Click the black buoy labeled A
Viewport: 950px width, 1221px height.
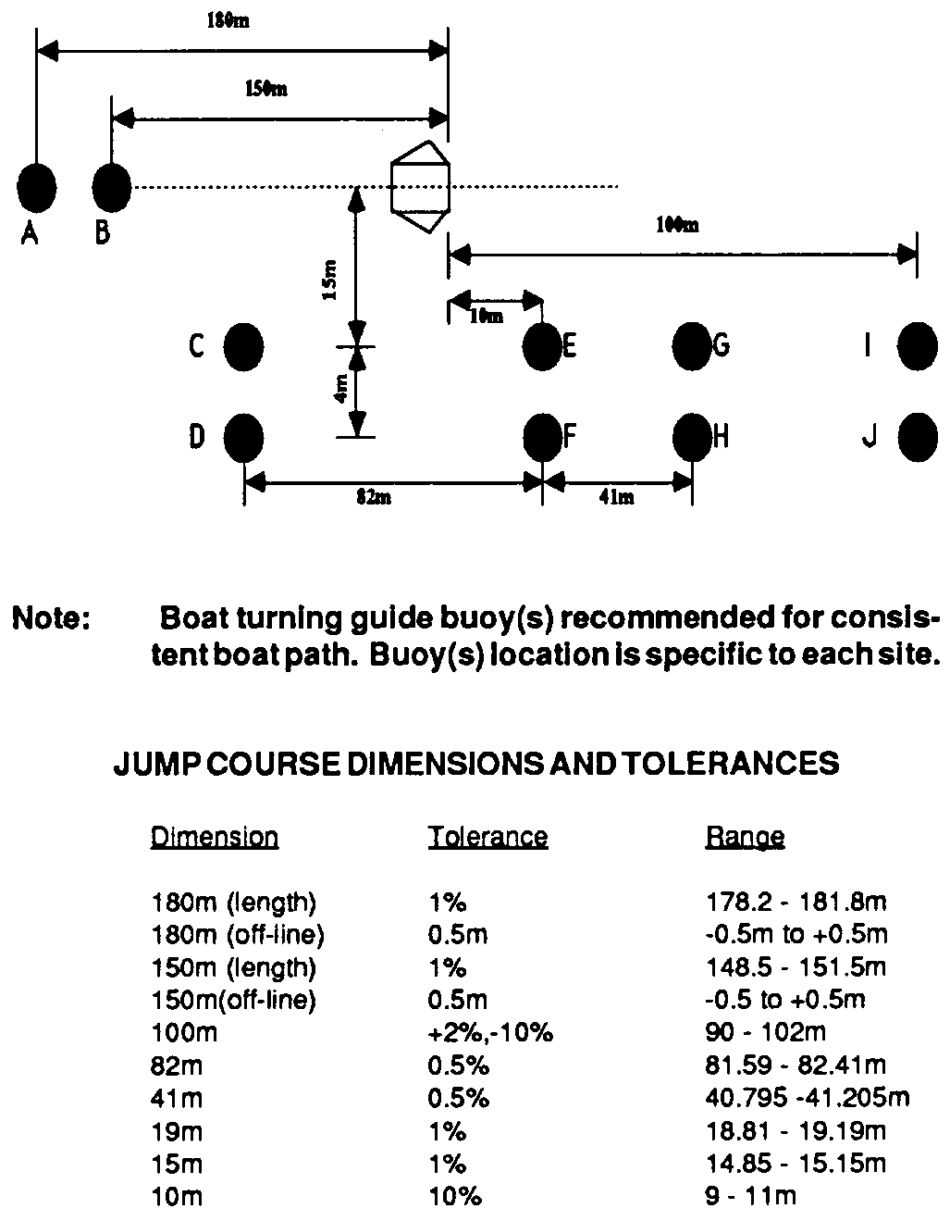pyautogui.click(x=36, y=188)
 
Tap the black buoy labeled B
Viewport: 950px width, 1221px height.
pyautogui.click(x=112, y=188)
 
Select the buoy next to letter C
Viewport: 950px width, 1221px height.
pyautogui.click(x=243, y=347)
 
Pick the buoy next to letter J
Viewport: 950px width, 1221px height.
pyautogui.click(x=918, y=437)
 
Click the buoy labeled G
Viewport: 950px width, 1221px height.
pyautogui.click(x=692, y=346)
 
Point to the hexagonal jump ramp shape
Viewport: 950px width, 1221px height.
pyautogui.click(x=421, y=187)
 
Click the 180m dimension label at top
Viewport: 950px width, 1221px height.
pyautogui.click(x=228, y=21)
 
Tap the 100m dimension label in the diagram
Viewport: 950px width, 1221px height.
pyautogui.click(x=677, y=225)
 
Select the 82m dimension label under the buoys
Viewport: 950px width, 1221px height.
pyautogui.click(x=374, y=497)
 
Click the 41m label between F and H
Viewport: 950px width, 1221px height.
pyautogui.click(x=617, y=497)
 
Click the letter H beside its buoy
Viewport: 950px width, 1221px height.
pyautogui.click(x=721, y=437)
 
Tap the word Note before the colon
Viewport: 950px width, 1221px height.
pyautogui.click(x=45, y=618)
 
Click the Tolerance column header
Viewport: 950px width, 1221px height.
pyautogui.click(x=487, y=837)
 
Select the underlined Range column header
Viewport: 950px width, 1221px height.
pyautogui.click(x=745, y=838)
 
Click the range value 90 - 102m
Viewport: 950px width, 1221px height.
pyautogui.click(x=766, y=1032)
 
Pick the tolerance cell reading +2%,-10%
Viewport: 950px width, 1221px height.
pyautogui.click(x=490, y=1033)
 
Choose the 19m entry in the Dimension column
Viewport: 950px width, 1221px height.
pyautogui.click(x=177, y=1131)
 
